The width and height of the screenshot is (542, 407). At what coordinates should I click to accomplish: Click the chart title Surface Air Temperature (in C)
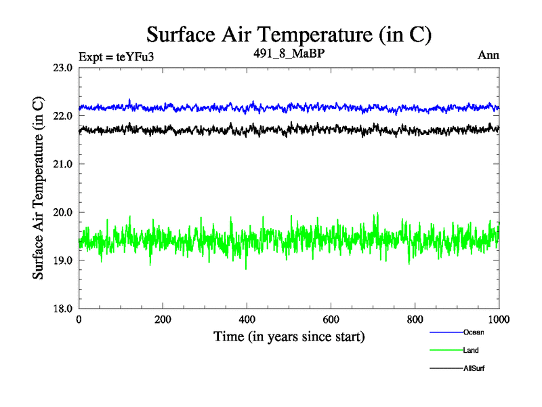pos(289,35)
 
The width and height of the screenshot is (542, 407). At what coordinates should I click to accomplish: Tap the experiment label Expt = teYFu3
pos(116,56)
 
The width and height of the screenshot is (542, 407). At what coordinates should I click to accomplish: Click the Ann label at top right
pos(488,55)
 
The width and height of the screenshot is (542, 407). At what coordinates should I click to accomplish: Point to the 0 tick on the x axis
pos(79,319)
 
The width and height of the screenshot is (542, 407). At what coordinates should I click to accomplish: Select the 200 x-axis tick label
pos(163,319)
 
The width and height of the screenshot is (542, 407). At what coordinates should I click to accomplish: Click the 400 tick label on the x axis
pos(247,319)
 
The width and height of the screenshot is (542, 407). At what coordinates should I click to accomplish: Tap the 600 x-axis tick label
pos(331,319)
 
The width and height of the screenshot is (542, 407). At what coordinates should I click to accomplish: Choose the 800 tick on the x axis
pos(415,319)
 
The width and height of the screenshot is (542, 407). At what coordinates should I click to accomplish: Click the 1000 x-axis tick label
pos(499,319)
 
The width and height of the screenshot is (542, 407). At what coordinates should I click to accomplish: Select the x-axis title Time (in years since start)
pos(289,336)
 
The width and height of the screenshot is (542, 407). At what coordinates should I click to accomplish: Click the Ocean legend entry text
pos(474,332)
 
